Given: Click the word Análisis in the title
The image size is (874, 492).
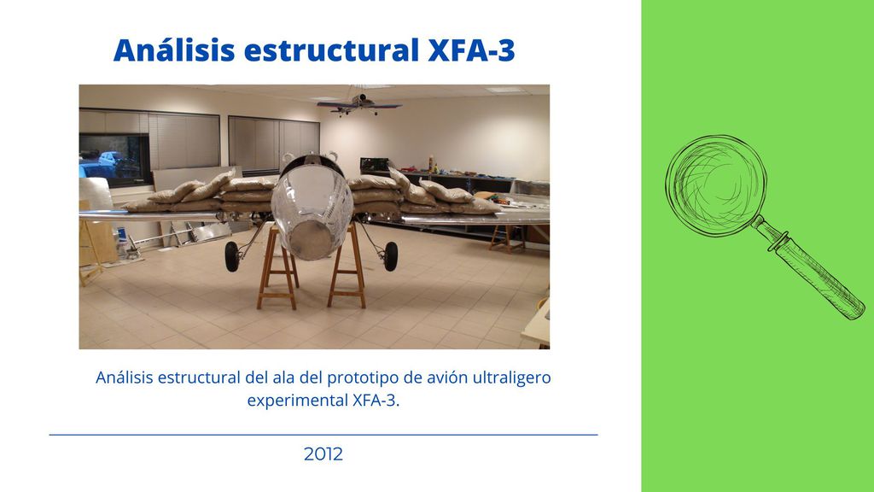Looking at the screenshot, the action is click(174, 50).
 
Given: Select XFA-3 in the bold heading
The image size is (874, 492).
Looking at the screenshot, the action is click(471, 50).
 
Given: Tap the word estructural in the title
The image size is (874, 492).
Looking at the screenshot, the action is click(332, 50).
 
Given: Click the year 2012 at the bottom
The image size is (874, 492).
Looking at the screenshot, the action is click(323, 454).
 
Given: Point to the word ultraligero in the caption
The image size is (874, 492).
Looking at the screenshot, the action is click(512, 378).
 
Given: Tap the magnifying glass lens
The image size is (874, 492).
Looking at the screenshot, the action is click(716, 185).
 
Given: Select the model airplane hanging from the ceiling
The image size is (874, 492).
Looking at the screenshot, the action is click(359, 104).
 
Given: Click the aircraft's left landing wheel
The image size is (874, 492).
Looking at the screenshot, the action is click(232, 256).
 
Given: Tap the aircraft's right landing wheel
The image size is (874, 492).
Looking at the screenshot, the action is click(391, 256).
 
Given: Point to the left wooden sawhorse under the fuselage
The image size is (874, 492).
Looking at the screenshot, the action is click(277, 266).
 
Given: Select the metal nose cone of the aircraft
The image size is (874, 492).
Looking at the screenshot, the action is click(312, 212).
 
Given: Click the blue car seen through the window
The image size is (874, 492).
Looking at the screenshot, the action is click(111, 161).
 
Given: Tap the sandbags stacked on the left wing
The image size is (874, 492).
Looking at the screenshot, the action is click(201, 194).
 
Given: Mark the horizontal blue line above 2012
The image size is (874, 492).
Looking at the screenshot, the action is click(323, 435).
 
